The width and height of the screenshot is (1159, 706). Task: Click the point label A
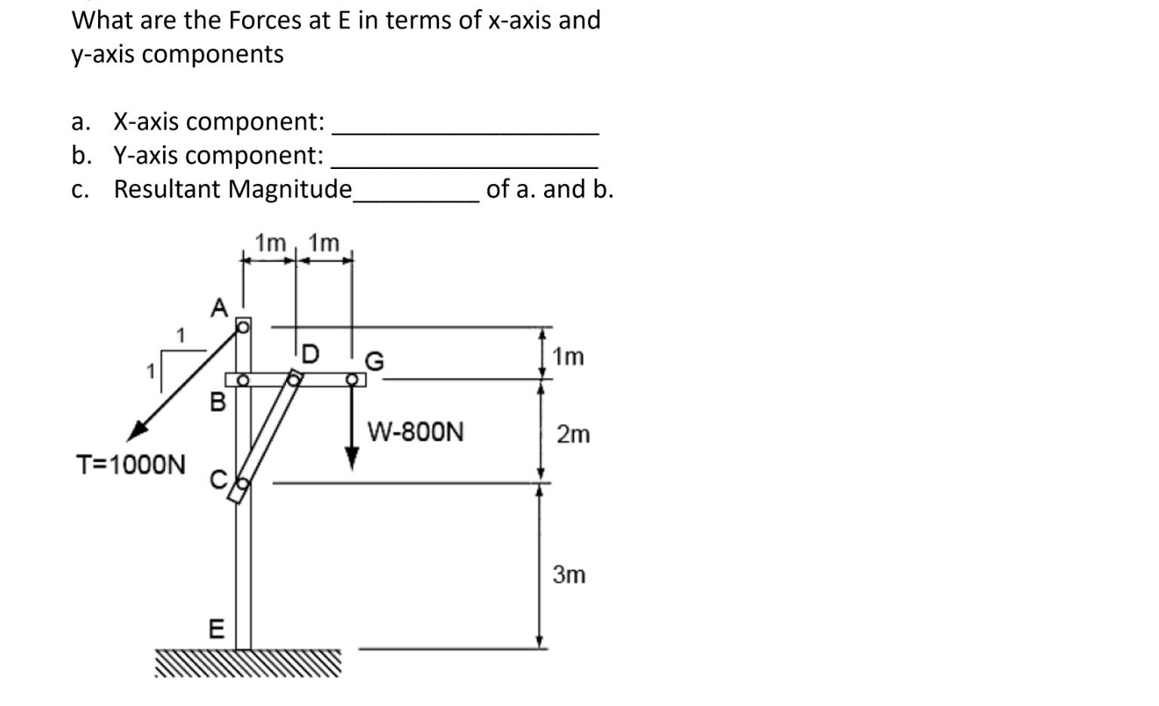(219, 308)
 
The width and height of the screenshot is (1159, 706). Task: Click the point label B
(217, 402)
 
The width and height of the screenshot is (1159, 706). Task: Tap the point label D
(310, 353)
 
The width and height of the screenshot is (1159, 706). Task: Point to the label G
(374, 361)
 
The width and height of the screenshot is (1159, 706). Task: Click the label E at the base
(216, 628)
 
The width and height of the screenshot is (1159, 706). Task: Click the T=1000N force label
(131, 465)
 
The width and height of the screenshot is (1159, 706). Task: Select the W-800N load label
(415, 432)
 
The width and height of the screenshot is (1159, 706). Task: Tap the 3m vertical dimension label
(569, 575)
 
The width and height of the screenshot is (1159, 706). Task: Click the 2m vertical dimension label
(573, 434)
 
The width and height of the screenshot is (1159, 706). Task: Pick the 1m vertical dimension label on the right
(568, 356)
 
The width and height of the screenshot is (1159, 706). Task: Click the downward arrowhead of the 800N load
(352, 458)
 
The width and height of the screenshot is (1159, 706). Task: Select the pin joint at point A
(243, 327)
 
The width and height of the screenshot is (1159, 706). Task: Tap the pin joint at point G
(352, 379)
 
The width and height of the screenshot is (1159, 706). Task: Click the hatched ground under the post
(248, 663)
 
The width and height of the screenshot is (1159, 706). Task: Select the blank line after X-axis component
(466, 132)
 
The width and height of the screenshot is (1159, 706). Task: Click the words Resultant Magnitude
(232, 189)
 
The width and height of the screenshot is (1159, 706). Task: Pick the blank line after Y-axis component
(465, 165)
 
